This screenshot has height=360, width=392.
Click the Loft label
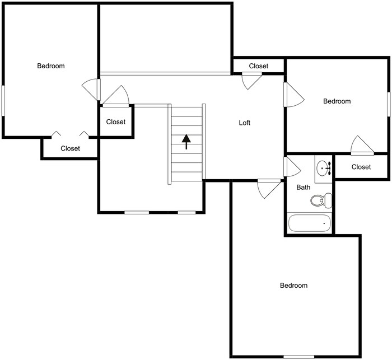245,123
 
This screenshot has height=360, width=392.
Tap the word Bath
304,188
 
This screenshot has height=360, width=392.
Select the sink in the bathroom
323,167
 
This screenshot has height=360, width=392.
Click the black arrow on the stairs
186,141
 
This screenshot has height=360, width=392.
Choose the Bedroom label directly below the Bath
293,286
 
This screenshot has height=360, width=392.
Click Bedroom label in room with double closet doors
51,66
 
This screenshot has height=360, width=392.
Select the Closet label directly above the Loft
259,66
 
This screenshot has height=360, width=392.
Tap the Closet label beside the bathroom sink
361,167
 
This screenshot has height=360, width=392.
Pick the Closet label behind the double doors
71,148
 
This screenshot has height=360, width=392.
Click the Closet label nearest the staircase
116,122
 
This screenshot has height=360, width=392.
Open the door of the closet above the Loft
251,81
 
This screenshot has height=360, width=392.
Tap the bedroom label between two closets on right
337,101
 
